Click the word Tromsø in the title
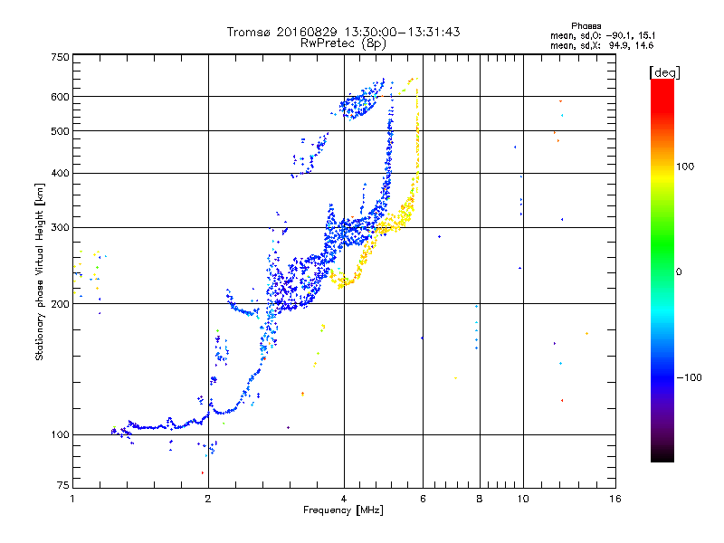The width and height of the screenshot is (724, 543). tap(251, 32)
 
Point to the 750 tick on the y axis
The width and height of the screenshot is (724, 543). tap(60, 57)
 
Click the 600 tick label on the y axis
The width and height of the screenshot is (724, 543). tap(60, 97)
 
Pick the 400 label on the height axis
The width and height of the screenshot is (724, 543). tap(60, 173)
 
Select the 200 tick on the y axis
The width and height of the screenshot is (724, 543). tap(60, 304)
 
